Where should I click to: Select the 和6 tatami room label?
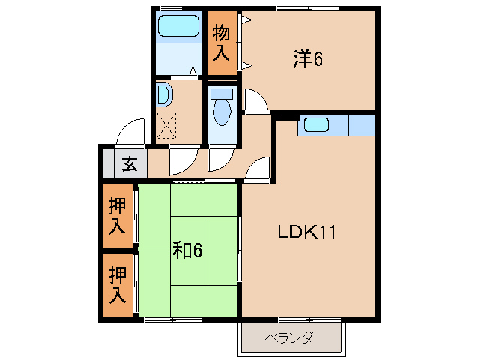(188, 250)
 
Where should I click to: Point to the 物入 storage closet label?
(220, 43)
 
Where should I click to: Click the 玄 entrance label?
(130, 163)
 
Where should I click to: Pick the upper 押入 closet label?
(116, 214)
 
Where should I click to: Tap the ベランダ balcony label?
(288, 337)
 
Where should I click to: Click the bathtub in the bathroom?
(178, 27)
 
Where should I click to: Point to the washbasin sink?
(163, 95)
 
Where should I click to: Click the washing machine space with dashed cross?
(166, 124)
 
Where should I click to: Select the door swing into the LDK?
(258, 169)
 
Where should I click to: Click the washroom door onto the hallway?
(183, 159)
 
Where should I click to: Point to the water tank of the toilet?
(221, 94)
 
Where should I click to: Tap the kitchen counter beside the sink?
(361, 124)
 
